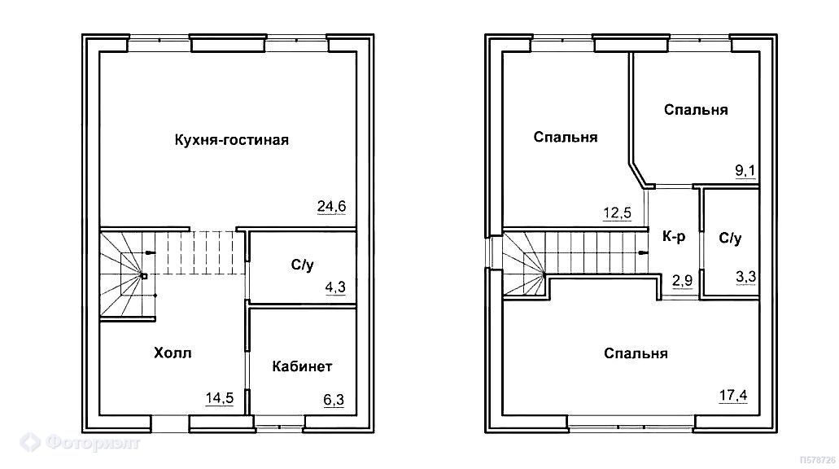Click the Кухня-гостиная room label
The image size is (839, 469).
232,140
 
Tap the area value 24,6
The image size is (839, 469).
332,206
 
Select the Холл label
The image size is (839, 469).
173,353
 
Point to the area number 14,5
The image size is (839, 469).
220,398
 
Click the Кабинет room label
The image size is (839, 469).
303,366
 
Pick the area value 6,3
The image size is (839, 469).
334,400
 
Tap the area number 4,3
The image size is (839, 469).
335,287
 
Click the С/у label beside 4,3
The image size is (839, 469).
303,265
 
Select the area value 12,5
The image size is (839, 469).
618,213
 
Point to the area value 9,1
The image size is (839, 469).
745,171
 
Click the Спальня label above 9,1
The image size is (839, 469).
696,110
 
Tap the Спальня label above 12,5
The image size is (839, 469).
566,137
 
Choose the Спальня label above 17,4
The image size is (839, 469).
636,353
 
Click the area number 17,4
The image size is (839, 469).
733,396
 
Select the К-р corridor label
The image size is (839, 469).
674,236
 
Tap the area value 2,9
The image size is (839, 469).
683,280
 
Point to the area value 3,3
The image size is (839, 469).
746,277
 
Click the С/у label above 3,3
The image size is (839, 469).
731,239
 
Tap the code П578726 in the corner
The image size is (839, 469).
818,460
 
